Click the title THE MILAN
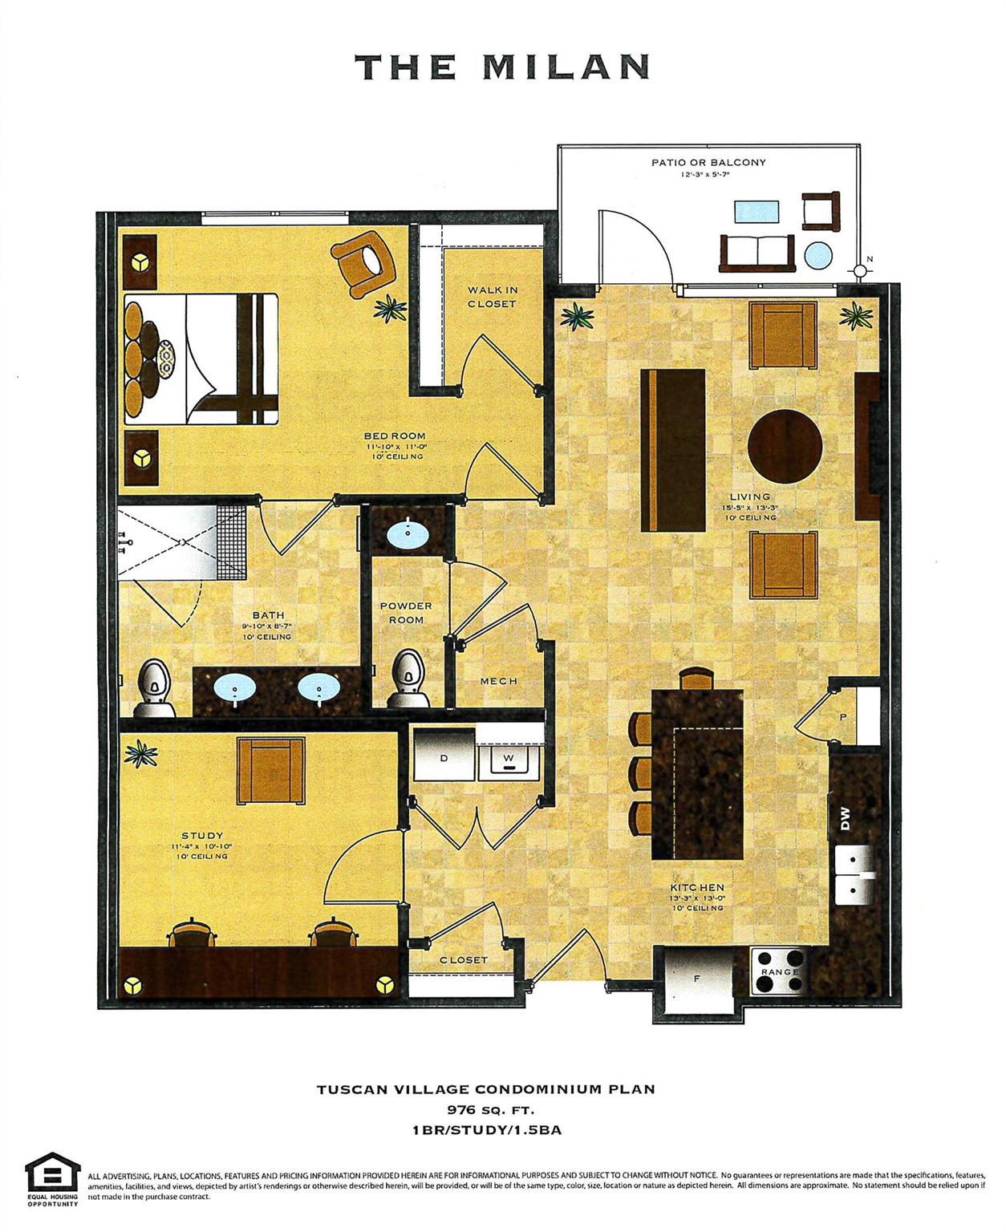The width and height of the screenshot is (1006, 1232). coord(501,67)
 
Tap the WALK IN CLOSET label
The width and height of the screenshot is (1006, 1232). coord(492,297)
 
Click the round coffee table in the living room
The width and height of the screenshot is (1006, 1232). coord(785,446)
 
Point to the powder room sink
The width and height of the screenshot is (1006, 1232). coord(407,531)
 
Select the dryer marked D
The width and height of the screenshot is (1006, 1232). coord(444,757)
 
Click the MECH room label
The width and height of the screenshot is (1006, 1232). coord(498,681)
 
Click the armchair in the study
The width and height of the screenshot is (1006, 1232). coord(271,772)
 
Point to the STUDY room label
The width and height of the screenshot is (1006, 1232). coord(202,836)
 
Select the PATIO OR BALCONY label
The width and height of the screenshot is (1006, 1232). coord(708,162)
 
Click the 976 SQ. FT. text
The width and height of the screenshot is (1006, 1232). coord(490,1111)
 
